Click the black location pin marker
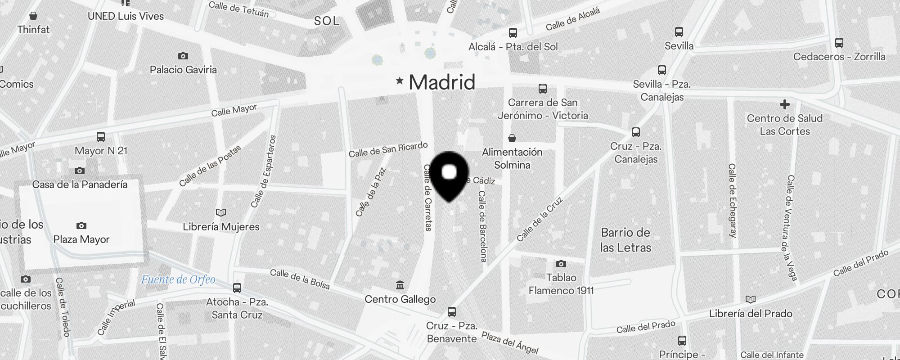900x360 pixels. tap(450, 175)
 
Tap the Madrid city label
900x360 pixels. tap(442, 82)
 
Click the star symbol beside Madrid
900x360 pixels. tap(399, 81)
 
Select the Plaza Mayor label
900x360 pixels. tap(81, 239)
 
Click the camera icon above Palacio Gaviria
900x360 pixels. tap(183, 56)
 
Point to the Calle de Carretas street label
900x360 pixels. tap(428, 198)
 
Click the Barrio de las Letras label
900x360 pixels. tap(625, 240)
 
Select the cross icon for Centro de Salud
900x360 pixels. tap(785, 105)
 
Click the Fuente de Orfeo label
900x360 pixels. tap(178, 280)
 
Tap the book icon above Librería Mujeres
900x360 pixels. tap(221, 212)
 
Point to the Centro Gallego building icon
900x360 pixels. tap(400, 285)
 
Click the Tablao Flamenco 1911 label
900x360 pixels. tap(561, 284)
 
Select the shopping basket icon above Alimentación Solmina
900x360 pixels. tap(512, 138)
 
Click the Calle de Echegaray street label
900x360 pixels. tap(733, 200)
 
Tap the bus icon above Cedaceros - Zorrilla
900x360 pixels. tap(839, 43)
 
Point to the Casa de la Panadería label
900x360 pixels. tap(80, 184)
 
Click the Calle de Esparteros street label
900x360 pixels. tap(264, 171)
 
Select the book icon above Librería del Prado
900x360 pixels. tap(750, 300)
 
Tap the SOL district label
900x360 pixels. tap(327, 21)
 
